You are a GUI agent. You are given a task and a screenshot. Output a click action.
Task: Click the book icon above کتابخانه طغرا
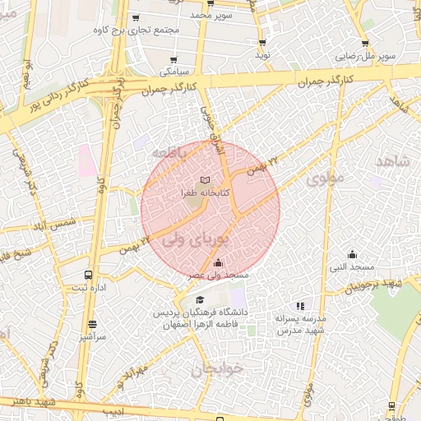(x=205, y=179)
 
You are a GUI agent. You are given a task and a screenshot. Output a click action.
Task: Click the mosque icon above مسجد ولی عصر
(x=217, y=263)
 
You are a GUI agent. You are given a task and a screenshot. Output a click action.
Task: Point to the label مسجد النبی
(x=352, y=267)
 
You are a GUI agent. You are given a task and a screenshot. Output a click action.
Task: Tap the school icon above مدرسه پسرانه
(x=300, y=306)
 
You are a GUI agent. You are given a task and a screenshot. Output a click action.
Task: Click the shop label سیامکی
(x=173, y=72)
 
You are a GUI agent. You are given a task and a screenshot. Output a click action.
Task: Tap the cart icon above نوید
(x=262, y=42)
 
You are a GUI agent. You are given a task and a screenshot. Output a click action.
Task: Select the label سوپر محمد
(x=211, y=15)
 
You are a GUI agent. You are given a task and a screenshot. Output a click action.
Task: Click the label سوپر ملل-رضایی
(x=365, y=57)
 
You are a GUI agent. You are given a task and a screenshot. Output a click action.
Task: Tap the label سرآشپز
(x=91, y=336)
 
